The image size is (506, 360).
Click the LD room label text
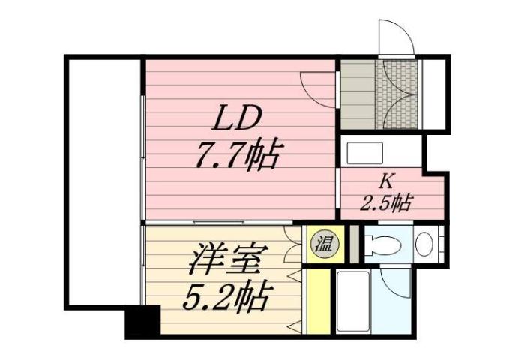pos(238,118)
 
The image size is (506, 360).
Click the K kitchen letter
pos(386,181)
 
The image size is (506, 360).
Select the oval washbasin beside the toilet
pos(424,244)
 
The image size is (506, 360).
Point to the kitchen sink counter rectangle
pos(375,153)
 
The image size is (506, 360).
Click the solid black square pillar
pos(142,322)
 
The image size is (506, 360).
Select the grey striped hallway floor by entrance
pos(357,94)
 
